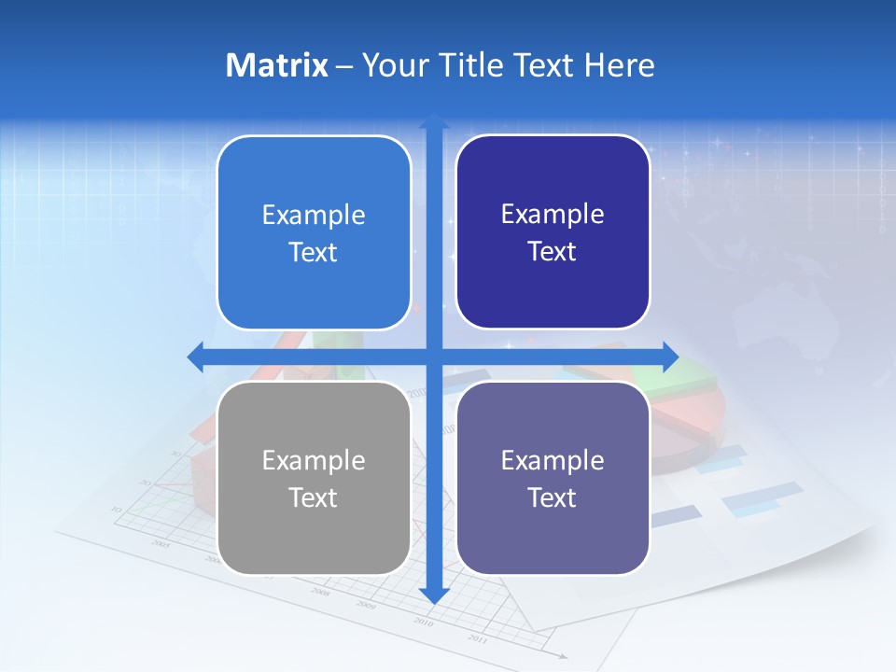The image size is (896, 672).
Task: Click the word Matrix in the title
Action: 276,65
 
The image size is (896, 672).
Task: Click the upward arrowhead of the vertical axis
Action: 434,120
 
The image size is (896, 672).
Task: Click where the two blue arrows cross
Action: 434,357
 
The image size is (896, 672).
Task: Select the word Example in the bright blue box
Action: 314,216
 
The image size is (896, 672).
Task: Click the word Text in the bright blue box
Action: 314,252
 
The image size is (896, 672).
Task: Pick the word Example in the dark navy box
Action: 553,215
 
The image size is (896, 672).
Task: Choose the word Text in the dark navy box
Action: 553,251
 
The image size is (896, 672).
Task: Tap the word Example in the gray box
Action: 314,460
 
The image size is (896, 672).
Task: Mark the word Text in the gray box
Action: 314,497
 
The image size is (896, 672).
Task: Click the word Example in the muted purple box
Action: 553,460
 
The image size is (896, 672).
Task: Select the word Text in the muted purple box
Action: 553,497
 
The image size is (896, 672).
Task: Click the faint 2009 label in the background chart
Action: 366,605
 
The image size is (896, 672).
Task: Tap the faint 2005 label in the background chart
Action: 161,542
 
